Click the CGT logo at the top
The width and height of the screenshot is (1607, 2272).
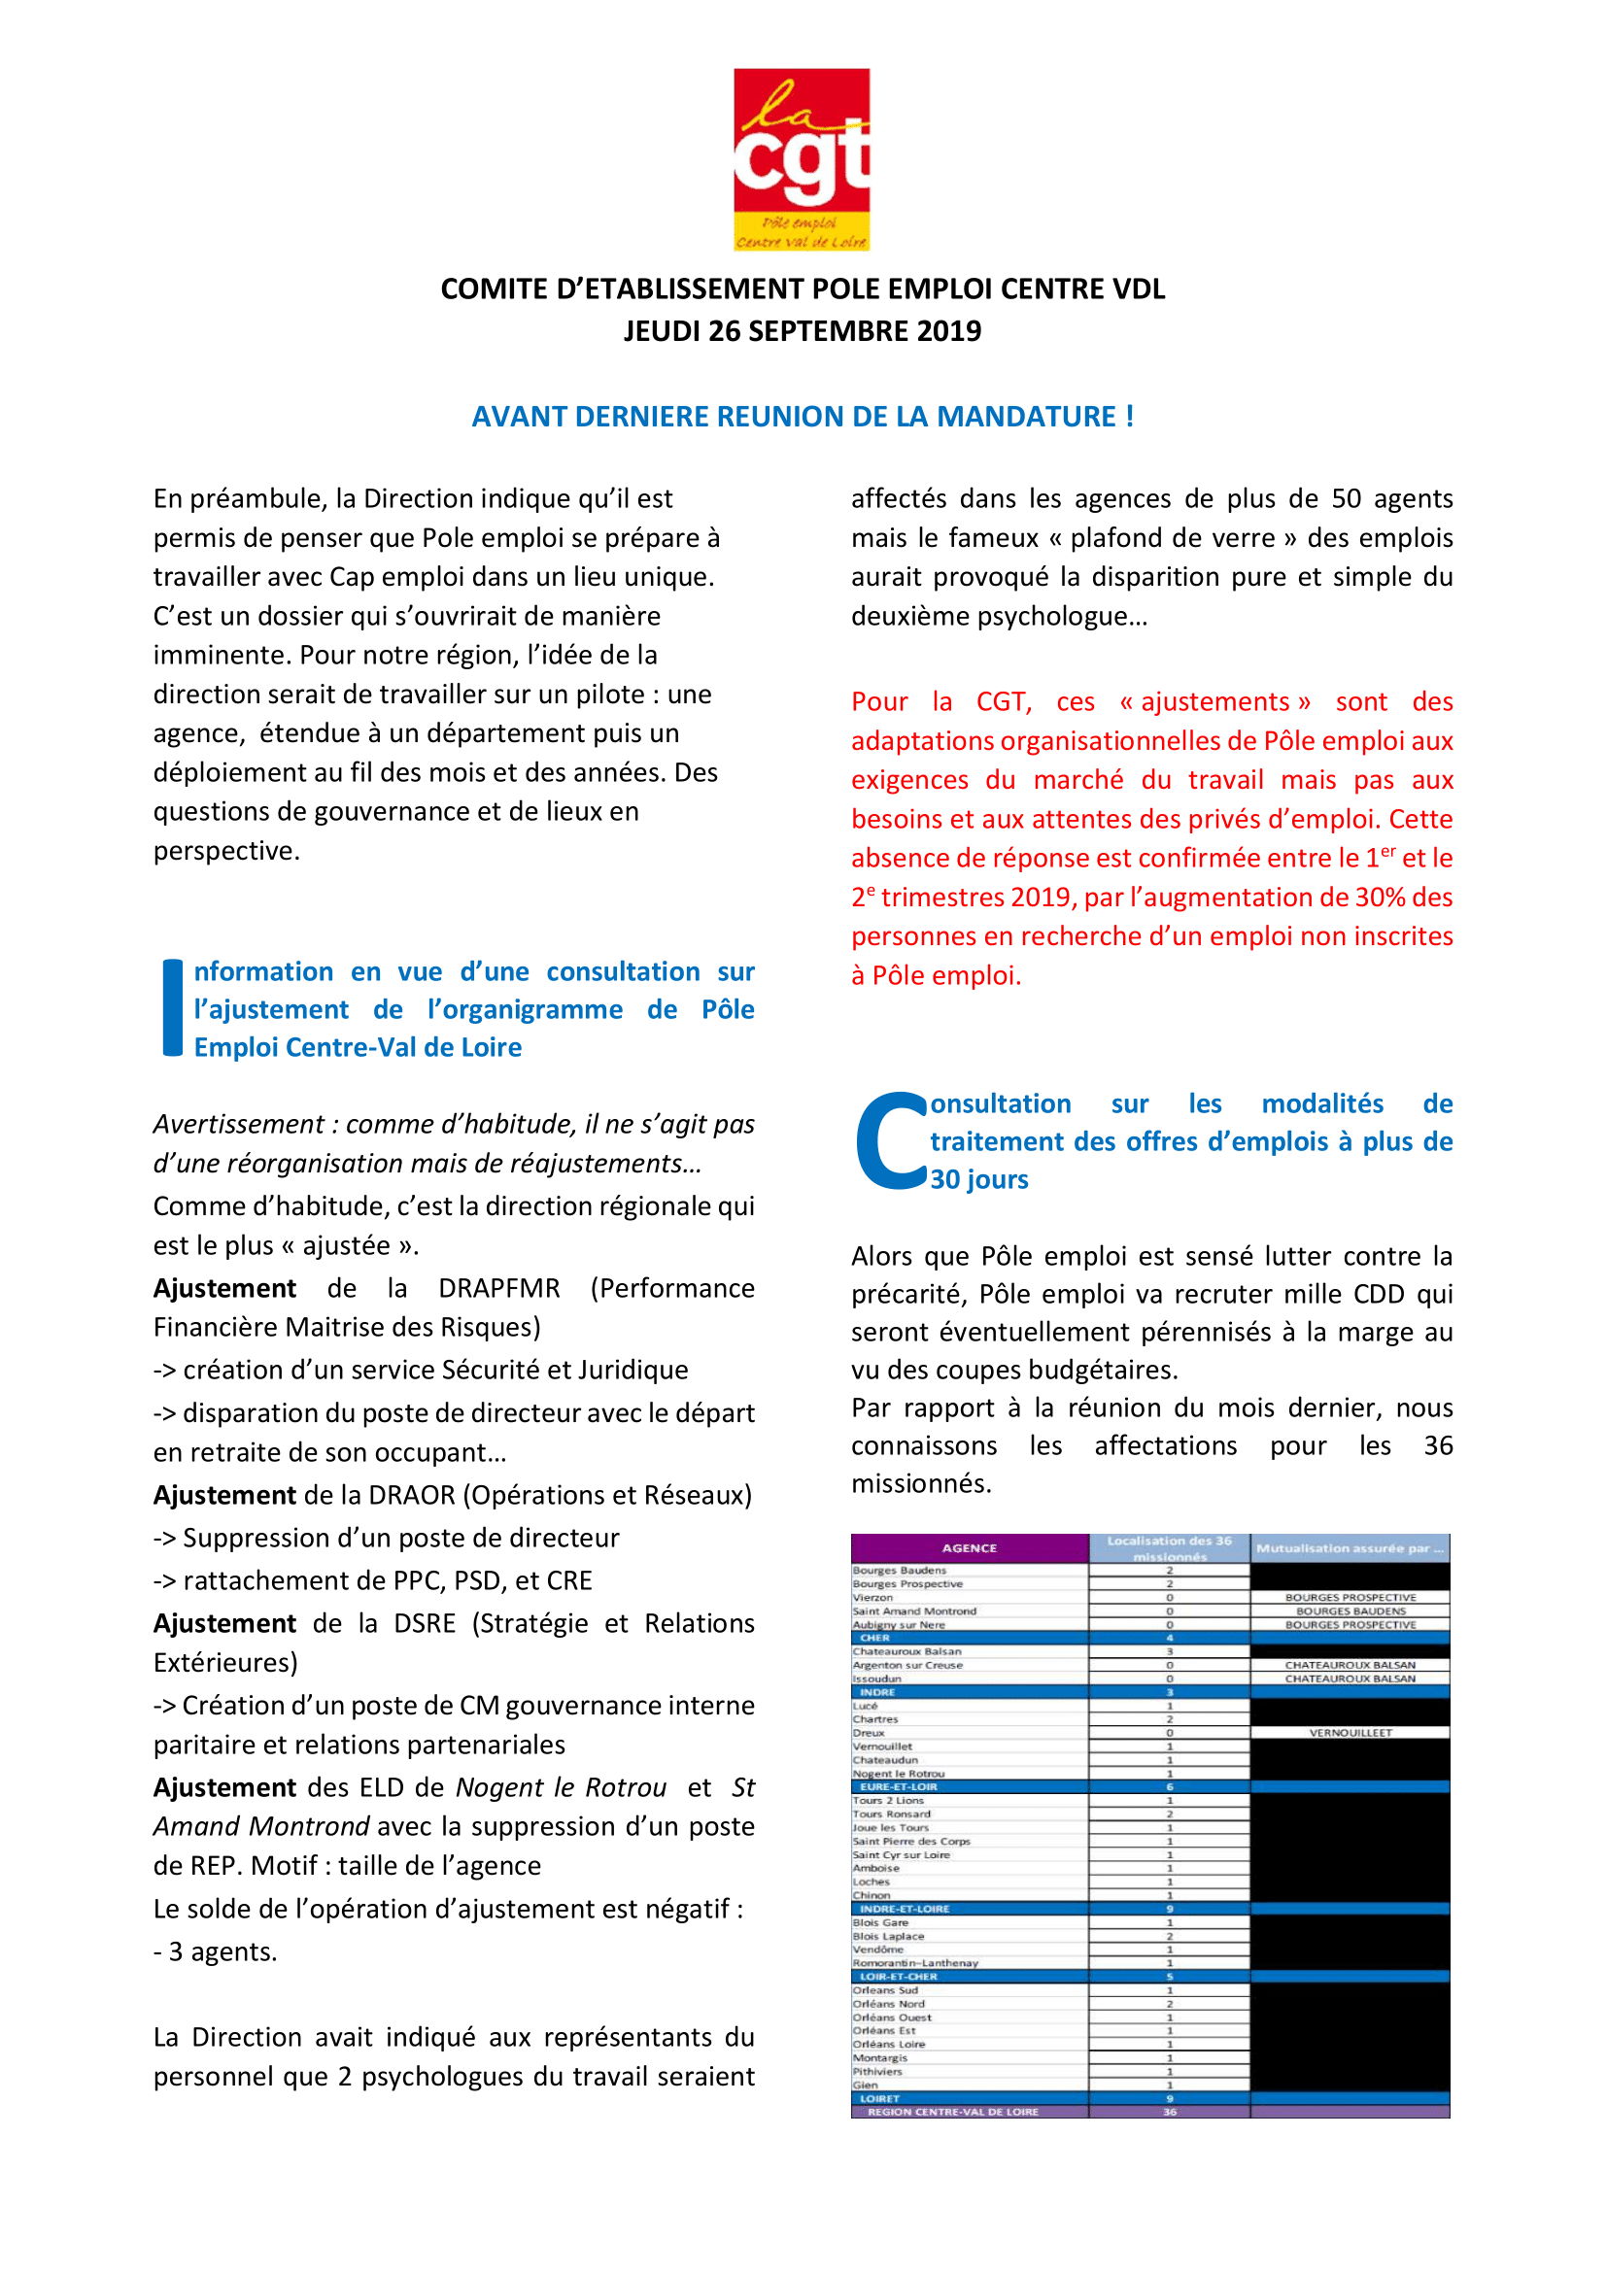[x=802, y=158]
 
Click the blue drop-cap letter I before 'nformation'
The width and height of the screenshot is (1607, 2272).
[x=172, y=1007]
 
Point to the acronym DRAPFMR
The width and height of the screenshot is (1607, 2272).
[x=498, y=1288]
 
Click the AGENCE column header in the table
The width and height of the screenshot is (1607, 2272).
[x=969, y=1548]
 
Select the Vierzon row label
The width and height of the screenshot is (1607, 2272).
[x=872, y=1597]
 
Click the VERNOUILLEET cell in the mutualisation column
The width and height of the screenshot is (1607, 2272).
[x=1350, y=1733]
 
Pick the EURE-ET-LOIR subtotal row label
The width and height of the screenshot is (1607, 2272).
[x=899, y=1787]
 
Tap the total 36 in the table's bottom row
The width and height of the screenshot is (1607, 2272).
[x=1170, y=2112]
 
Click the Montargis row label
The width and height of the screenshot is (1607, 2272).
[x=879, y=2057]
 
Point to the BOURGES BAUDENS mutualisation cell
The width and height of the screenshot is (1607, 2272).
[x=1350, y=1611]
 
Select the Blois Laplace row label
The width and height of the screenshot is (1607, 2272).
[x=888, y=1937]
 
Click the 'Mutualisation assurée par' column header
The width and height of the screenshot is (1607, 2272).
[x=1350, y=1548]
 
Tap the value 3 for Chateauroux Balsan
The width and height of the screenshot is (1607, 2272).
[x=1170, y=1651]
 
